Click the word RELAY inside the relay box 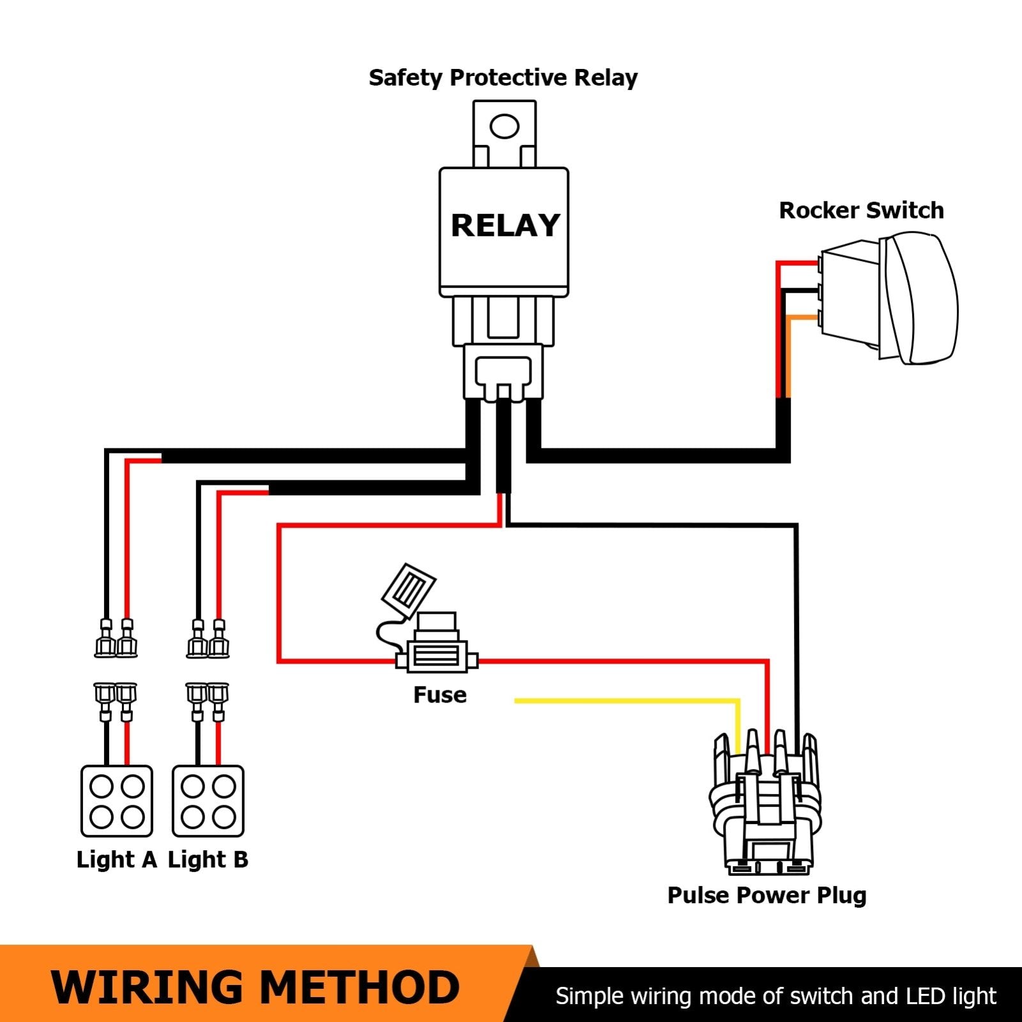505,225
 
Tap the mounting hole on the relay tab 504,126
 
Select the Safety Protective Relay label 503,78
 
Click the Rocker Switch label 861,210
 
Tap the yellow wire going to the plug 626,701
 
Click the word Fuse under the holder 439,695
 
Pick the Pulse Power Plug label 766,896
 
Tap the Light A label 116,860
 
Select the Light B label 208,860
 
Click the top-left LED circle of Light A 102,786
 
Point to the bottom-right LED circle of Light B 224,816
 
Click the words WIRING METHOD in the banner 256,987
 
